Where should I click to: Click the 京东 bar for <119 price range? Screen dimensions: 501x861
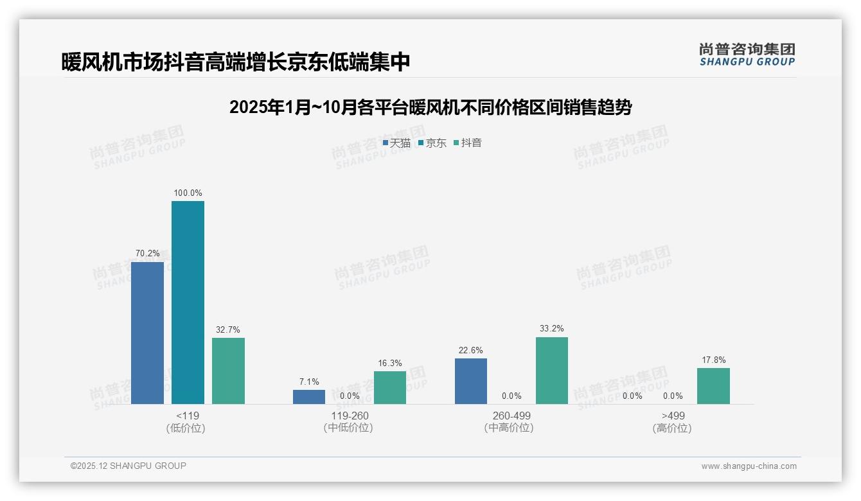(x=188, y=303)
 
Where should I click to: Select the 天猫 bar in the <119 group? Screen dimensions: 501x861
(x=147, y=333)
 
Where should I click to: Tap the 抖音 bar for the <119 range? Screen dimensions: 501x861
(x=228, y=371)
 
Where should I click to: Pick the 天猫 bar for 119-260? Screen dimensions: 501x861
(x=309, y=397)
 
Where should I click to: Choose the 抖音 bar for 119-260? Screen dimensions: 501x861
(x=390, y=387)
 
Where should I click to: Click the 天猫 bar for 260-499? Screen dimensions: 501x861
(x=471, y=381)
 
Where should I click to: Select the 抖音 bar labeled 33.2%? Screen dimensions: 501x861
(x=552, y=371)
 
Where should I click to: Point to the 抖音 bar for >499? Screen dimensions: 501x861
(x=713, y=385)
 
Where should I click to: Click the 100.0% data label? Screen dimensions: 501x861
(x=188, y=193)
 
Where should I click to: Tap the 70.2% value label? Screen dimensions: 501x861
(x=147, y=253)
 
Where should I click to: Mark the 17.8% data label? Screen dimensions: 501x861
(x=713, y=360)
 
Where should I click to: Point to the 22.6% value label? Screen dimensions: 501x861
(x=471, y=350)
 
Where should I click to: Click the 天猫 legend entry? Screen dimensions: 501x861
(x=396, y=143)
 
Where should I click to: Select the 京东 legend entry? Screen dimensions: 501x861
(x=432, y=143)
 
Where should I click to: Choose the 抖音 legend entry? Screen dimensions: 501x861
(x=467, y=143)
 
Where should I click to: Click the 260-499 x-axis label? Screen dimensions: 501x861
(x=511, y=416)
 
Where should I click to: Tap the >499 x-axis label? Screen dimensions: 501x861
(x=673, y=416)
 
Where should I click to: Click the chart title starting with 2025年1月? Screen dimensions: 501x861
(x=430, y=107)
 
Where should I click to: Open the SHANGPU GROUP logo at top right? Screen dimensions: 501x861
(x=747, y=55)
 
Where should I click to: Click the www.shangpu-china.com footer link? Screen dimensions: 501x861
(x=749, y=466)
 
